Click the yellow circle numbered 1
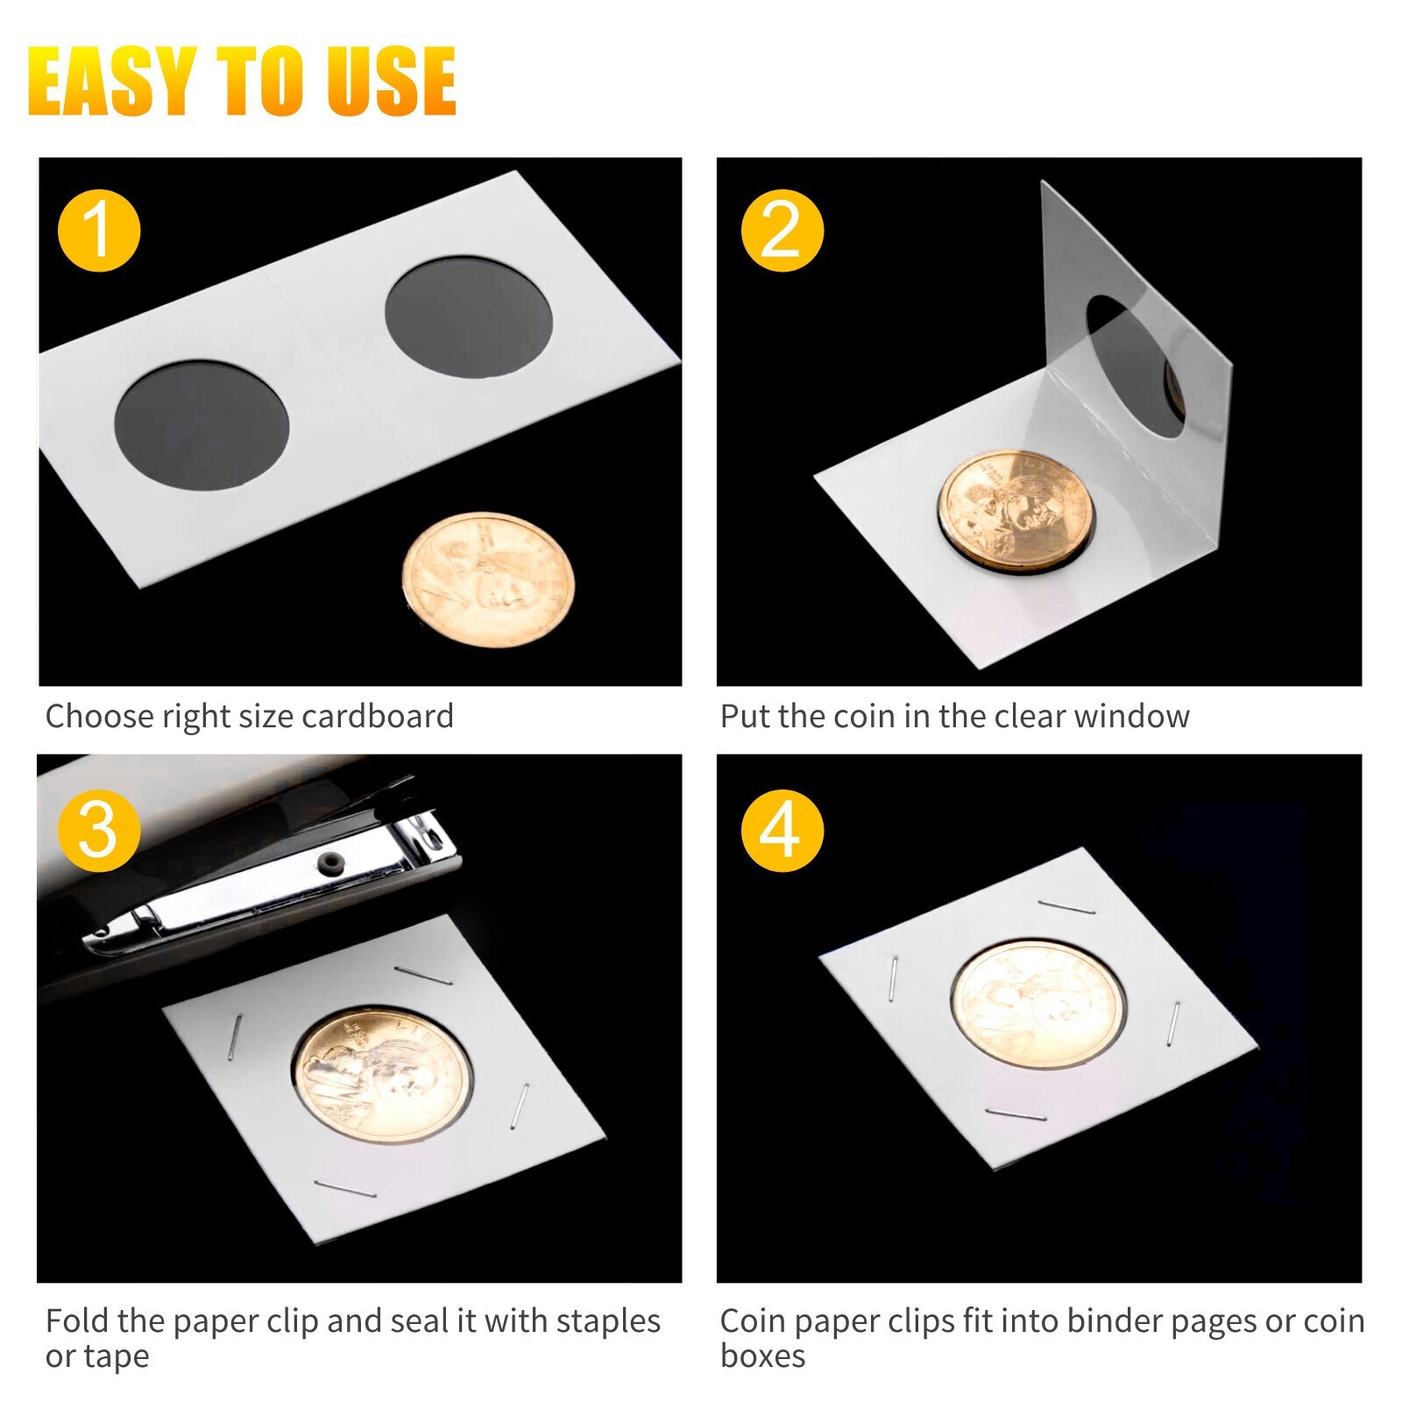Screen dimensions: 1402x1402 (x=98, y=230)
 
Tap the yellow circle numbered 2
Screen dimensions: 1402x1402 (x=782, y=230)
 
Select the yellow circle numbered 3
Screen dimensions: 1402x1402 (x=98, y=830)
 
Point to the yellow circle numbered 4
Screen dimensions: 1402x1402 (x=782, y=830)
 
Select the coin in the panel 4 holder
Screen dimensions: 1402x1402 (x=1038, y=1004)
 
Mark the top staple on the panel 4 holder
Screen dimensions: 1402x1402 (x=1066, y=907)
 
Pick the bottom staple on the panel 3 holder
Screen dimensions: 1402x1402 (x=345, y=1188)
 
